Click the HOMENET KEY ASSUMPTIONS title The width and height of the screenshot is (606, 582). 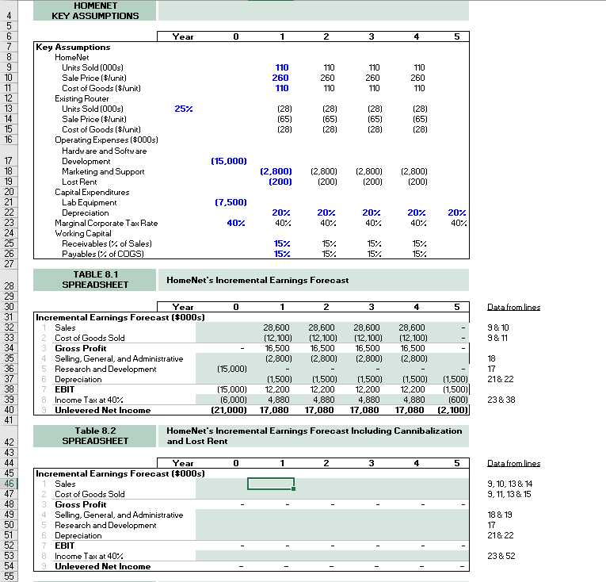pyautogui.click(x=94, y=10)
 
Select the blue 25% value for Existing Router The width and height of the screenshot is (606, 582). pyautogui.click(x=184, y=109)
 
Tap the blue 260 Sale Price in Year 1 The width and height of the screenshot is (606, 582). pyautogui.click(x=280, y=78)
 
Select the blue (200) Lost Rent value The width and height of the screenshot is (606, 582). pyautogui.click(x=276, y=182)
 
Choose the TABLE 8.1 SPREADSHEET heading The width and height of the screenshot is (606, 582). pyautogui.click(x=94, y=279)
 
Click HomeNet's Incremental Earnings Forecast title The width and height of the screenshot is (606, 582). pyautogui.click(x=257, y=280)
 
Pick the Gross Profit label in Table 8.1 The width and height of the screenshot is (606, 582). pyautogui.click(x=80, y=348)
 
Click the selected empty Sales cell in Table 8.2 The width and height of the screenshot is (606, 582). pyautogui.click(x=271, y=484)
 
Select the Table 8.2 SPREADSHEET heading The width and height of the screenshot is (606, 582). pyautogui.click(x=94, y=435)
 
